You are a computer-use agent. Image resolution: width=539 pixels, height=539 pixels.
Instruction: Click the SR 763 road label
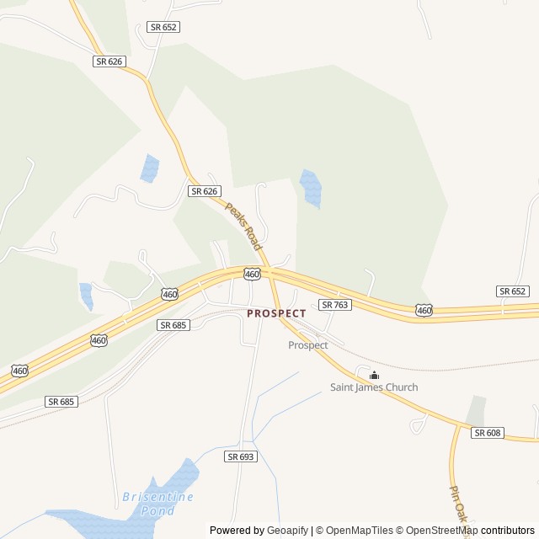click(334, 304)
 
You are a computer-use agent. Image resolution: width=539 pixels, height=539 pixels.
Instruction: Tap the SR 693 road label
click(240, 456)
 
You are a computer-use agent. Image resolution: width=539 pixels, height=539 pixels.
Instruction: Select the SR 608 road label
click(487, 433)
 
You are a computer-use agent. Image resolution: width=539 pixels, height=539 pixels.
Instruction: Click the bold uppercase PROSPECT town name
click(276, 313)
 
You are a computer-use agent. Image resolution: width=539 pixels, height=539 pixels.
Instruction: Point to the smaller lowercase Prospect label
click(307, 345)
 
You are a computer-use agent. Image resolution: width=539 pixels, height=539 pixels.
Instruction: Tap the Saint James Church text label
click(373, 387)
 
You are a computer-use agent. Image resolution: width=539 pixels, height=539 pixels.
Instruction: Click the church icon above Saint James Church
click(374, 375)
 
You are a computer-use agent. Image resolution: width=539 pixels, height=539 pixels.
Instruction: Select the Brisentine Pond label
click(157, 503)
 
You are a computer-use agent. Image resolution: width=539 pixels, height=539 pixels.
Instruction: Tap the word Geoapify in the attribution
click(287, 531)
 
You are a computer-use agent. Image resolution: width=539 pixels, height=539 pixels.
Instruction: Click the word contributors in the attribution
click(508, 531)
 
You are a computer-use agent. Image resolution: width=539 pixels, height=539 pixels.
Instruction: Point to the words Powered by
click(236, 531)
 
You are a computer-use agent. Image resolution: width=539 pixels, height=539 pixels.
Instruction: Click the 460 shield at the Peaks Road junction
click(252, 274)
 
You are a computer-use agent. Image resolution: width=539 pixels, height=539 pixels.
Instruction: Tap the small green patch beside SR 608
click(477, 411)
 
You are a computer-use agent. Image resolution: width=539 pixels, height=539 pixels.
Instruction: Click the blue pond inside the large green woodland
click(310, 189)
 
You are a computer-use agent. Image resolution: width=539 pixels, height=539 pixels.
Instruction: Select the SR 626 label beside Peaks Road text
click(204, 191)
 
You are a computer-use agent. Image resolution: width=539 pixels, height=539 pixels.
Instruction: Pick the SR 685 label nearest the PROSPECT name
click(173, 324)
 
